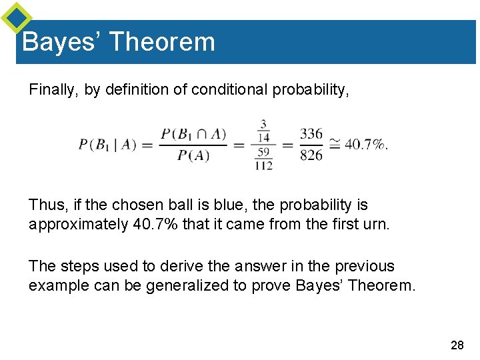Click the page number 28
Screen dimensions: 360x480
[457, 345]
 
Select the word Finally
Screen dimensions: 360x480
[53, 90]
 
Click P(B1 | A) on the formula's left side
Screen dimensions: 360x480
[107, 145]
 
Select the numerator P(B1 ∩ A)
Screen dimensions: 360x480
[193, 134]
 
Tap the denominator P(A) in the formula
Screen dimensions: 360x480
[193, 156]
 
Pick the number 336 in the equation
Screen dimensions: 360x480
[311, 134]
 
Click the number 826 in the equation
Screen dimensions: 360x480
[311, 156]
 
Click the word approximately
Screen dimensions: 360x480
[75, 225]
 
